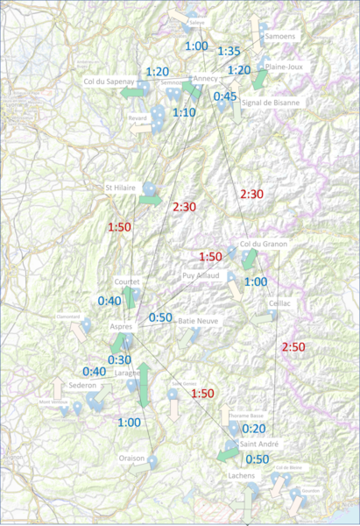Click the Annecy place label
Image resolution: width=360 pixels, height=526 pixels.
pos(206,79)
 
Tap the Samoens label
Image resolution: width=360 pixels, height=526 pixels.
pos(279,37)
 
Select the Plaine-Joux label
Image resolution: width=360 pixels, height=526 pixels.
pos(284,67)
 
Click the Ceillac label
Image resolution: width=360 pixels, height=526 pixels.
pos(280,302)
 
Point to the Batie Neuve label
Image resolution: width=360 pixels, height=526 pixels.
pos(198,321)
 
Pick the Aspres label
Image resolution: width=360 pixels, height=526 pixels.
pos(122,326)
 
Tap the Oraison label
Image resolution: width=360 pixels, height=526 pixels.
pos(132,458)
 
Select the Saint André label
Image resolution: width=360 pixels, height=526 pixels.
pos(253,445)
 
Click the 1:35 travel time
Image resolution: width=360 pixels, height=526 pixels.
pos(229,52)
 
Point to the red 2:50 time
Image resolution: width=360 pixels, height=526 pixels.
pos(293,347)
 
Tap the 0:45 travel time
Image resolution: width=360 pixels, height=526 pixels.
pos(225,96)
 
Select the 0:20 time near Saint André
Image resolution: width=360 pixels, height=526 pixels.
pos(255,428)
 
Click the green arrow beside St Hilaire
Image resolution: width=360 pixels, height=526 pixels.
pos(150,200)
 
